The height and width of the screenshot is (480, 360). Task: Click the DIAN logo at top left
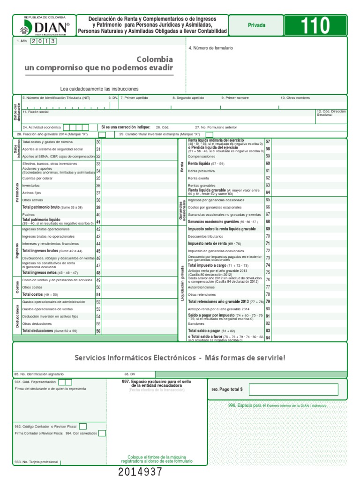tap(45, 26)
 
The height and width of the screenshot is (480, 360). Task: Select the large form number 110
tap(315, 25)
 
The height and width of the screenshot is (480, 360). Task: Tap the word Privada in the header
tap(256, 25)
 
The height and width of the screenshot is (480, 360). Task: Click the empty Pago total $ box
tap(293, 389)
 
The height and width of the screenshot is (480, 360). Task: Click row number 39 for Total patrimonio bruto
tap(98, 207)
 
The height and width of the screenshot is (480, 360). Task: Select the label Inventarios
tap(31, 186)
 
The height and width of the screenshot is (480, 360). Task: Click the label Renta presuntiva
tap(201, 171)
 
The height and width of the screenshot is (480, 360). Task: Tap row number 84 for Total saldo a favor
tap(268, 337)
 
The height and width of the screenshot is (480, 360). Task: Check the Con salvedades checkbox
tap(102, 433)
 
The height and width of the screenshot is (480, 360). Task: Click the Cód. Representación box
tap(65, 382)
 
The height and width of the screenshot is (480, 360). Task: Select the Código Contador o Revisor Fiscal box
tap(83, 426)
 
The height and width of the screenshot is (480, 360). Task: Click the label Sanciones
tap(196, 323)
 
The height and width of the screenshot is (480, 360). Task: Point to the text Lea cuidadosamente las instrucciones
tap(99, 89)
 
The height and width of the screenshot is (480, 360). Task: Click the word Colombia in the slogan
tap(154, 60)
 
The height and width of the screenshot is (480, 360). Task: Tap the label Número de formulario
tap(212, 48)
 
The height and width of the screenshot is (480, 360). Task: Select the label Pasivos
tap(29, 215)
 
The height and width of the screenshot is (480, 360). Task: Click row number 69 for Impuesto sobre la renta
tap(268, 229)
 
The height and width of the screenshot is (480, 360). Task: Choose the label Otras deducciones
tap(37, 323)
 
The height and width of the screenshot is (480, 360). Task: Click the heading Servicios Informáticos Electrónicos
tap(135, 358)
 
